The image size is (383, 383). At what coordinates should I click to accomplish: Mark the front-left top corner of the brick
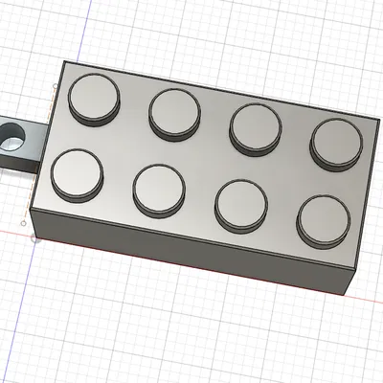point(32,214)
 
